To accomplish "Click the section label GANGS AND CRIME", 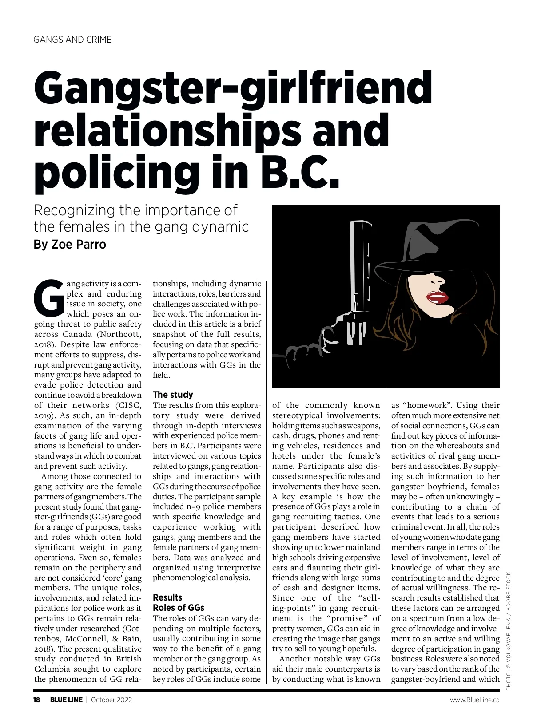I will coord(73,40).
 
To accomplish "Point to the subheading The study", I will coord(173,395).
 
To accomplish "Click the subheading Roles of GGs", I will coord(178,608).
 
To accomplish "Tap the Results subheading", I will coord(167,597).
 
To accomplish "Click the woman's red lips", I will coord(438,297).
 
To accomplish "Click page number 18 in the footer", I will coord(37,700).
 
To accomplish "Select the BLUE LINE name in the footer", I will coord(66,700).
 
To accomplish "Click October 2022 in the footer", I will coord(111,700).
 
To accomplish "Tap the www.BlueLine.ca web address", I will coord(474,700).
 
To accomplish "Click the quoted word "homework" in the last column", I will coord(426,405).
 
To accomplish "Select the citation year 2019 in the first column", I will coord(43,415).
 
